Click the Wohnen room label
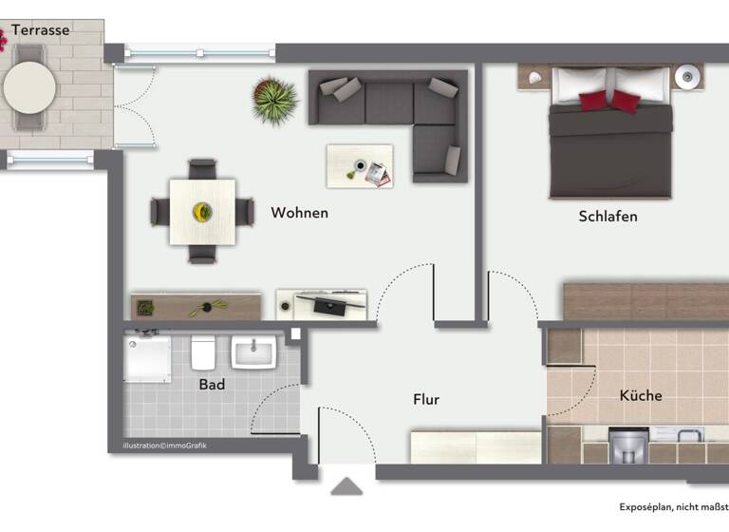299,213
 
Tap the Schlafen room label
607,217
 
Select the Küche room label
641,395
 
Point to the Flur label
426,400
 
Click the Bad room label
212,385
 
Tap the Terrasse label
40,30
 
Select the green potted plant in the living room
274,100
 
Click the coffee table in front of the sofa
359,166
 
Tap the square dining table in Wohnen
202,211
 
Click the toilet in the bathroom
202,353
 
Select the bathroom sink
253,352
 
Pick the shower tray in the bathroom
147,357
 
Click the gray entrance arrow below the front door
346,486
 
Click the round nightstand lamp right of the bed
686,75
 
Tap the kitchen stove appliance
627,445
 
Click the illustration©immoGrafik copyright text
164,446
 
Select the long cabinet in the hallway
475,446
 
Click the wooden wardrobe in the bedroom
645,301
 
